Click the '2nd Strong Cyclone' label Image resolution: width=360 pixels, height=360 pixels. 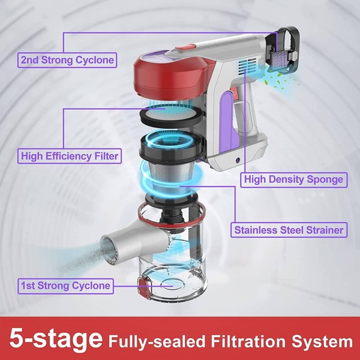click(x=67, y=60)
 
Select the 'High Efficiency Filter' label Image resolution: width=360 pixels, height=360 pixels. click(x=70, y=156)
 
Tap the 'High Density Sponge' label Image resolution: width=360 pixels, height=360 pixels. click(x=293, y=179)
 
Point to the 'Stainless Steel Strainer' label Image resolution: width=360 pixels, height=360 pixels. click(x=289, y=230)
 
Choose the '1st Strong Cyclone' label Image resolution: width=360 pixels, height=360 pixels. click(x=65, y=286)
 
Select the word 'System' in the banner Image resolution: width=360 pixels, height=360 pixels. click(x=322, y=342)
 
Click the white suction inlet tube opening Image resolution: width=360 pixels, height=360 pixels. click(x=109, y=248)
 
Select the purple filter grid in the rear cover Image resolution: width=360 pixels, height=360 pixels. click(x=280, y=59)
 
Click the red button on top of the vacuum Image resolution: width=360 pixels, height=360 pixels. click(x=186, y=47)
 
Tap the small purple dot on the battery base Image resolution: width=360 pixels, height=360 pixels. click(x=238, y=160)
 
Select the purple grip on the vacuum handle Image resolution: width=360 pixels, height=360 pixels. click(x=226, y=122)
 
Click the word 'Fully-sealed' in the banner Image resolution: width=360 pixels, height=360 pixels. click(x=157, y=342)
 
